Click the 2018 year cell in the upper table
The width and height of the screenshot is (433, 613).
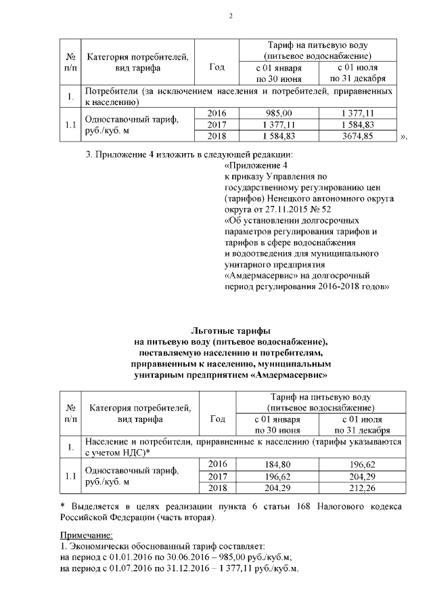click(216, 135)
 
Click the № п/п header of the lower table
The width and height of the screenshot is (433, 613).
click(70, 413)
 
